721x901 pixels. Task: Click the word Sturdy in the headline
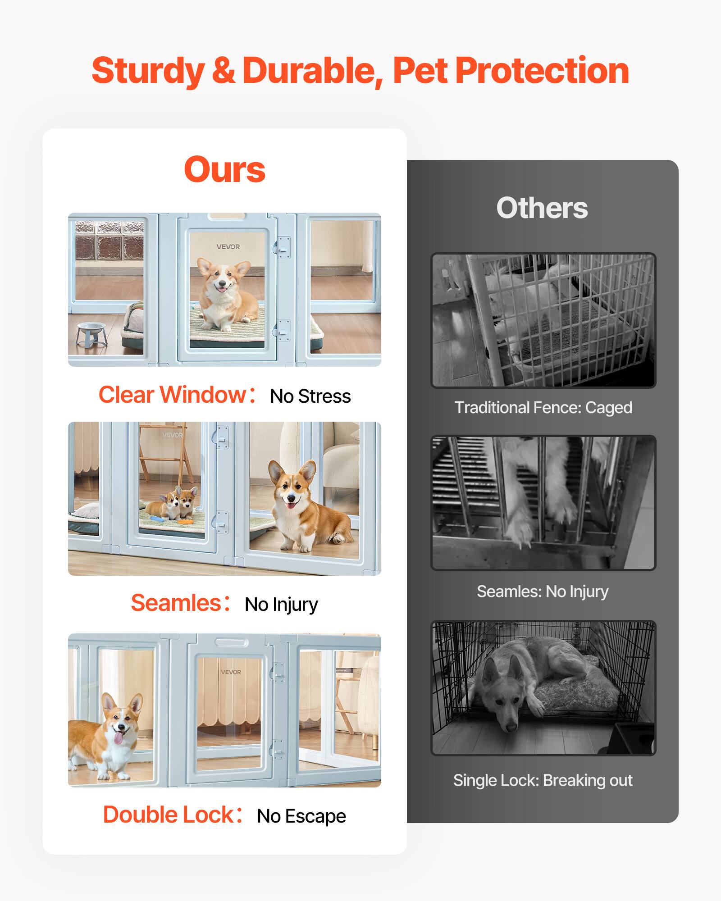[x=148, y=71]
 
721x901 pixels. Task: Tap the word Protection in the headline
[x=542, y=71]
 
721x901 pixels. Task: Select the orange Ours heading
[x=224, y=170]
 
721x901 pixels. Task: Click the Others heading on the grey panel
[x=542, y=208]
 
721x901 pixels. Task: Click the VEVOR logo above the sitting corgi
[x=228, y=247]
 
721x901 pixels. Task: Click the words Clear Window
[x=172, y=395]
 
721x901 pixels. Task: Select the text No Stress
[x=310, y=396]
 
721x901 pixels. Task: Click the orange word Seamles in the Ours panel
[x=176, y=603]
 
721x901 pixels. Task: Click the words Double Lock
[x=168, y=815]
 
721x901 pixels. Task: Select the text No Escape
[x=301, y=816]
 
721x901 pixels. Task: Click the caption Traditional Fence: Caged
[x=543, y=408]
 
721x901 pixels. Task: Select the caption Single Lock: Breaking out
[x=543, y=780]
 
